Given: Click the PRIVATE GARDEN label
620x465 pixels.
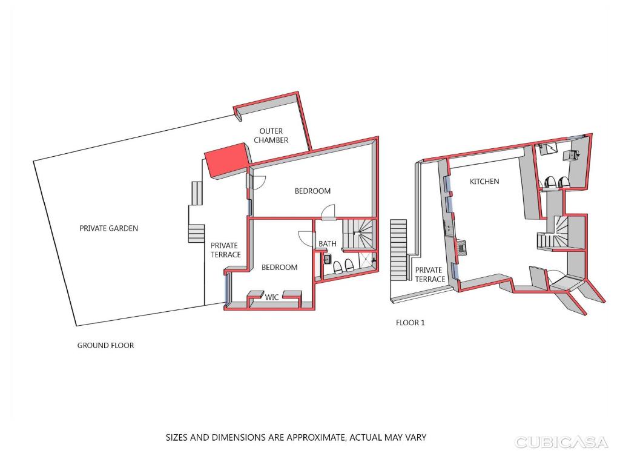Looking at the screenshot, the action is [x=109, y=228].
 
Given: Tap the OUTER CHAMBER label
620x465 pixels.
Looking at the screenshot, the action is [x=271, y=135].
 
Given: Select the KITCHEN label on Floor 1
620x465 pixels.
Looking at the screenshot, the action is [x=484, y=182].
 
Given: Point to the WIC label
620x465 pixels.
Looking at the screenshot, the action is [x=272, y=297].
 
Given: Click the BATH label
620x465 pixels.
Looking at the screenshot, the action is [x=328, y=243].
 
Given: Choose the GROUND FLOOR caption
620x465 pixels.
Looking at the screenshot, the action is [x=105, y=345].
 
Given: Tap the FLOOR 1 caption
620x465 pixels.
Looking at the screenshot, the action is [x=410, y=323].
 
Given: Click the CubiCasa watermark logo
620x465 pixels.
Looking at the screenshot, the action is [x=561, y=442].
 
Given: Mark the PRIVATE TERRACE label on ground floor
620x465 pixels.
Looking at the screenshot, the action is [x=225, y=250].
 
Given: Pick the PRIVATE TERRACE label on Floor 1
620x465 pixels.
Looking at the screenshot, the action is [x=429, y=274].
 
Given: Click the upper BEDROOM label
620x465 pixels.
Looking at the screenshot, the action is [x=312, y=191].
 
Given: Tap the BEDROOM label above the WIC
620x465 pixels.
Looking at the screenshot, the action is [x=279, y=267].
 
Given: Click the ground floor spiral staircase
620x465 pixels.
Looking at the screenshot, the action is [x=357, y=234].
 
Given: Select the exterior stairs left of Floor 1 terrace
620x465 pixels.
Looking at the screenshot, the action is [x=398, y=250].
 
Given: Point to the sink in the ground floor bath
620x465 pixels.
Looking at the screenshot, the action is [x=327, y=259].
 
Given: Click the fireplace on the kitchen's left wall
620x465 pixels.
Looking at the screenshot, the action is [x=461, y=247].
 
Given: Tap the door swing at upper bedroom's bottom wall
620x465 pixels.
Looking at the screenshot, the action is [x=328, y=212].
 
